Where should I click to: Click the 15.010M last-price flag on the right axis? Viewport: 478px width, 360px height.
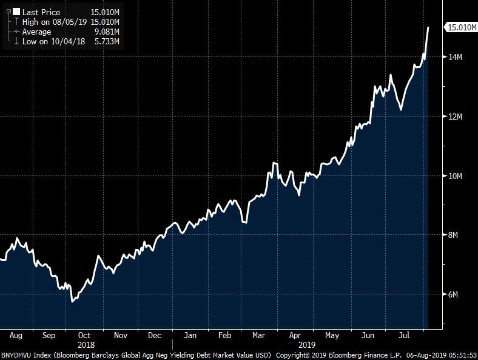[460, 27]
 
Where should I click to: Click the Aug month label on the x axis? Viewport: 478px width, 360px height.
[16, 335]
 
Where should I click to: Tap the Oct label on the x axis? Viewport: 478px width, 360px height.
[85, 335]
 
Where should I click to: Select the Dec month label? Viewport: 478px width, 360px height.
[155, 335]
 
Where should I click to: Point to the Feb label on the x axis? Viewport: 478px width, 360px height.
[225, 335]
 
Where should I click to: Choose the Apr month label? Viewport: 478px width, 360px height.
[295, 335]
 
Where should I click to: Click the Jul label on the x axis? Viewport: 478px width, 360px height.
[403, 335]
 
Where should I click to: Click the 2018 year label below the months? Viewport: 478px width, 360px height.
[86, 344]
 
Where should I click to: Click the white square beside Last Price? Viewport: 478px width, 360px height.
[16, 12]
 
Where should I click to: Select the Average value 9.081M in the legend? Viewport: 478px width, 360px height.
[105, 32]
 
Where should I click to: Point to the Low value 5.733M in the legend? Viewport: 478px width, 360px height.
[105, 41]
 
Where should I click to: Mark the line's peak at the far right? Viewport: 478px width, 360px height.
[428, 27]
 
